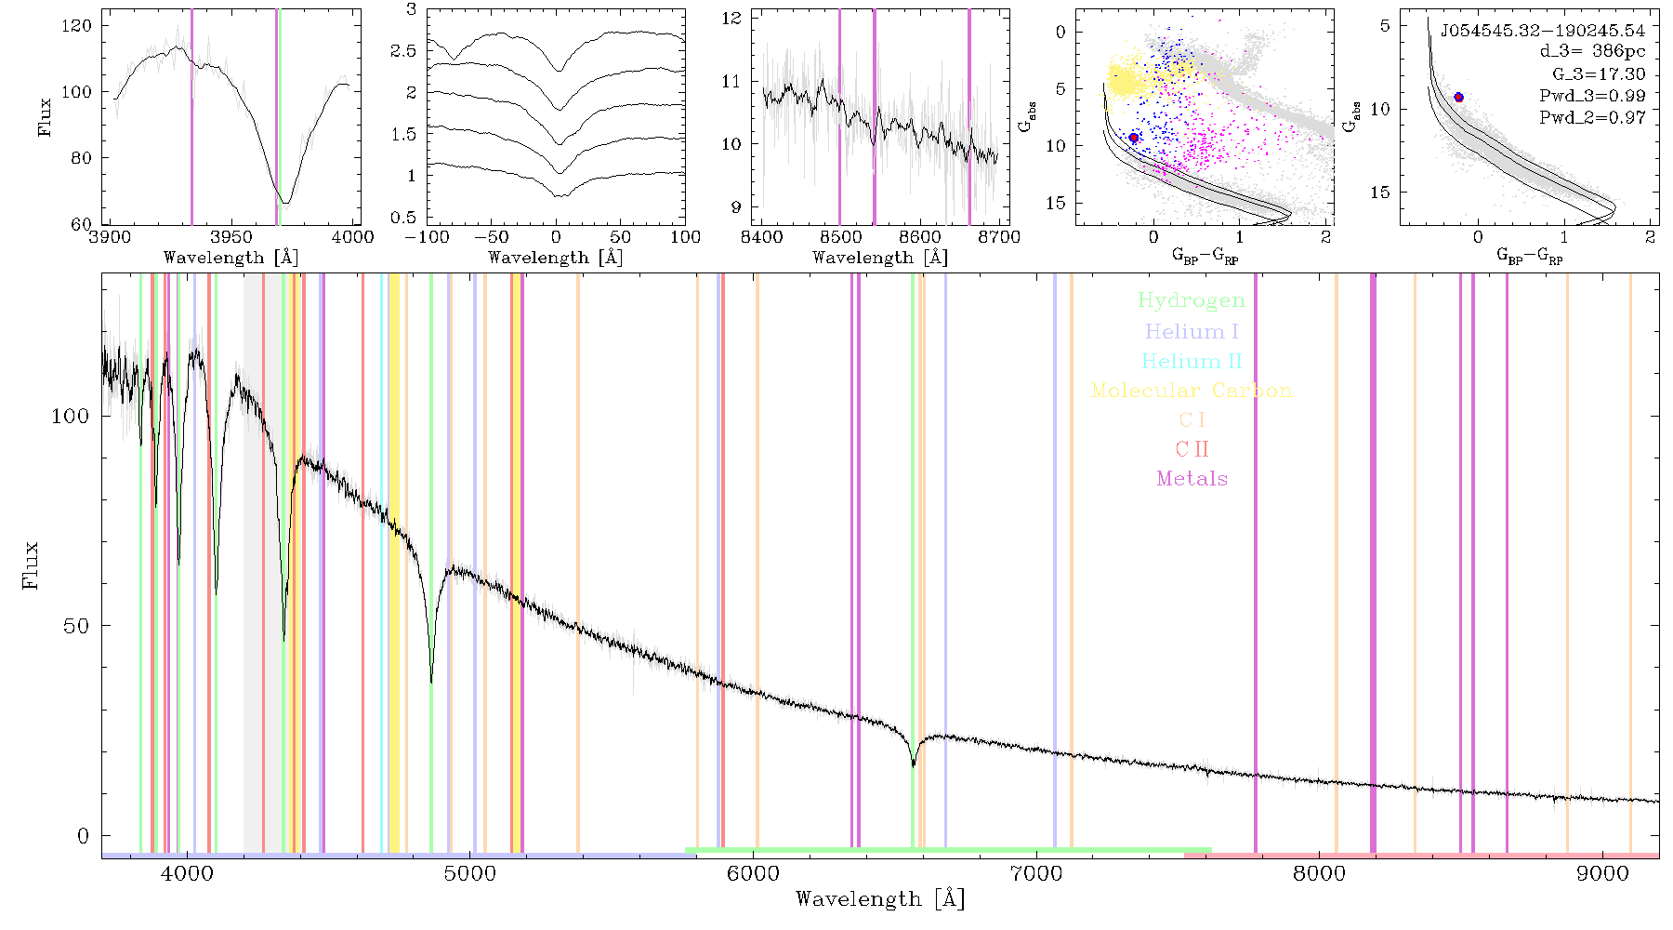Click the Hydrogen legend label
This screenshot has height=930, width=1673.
coord(1192,301)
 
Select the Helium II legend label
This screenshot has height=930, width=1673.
coord(1192,361)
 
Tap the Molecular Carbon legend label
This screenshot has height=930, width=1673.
coord(1192,391)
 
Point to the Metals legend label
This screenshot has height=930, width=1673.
coord(1192,479)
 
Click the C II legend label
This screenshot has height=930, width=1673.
coord(1192,449)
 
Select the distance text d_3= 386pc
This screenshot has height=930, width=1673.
coord(1592,52)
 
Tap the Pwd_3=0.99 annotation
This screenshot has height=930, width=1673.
coord(1592,96)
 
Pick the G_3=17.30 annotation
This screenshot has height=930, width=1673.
coord(1599,74)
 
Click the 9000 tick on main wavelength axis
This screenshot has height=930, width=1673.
coord(1602,873)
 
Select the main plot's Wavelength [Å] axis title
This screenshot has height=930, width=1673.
coord(880,899)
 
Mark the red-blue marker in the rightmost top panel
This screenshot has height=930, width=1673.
coord(1458,98)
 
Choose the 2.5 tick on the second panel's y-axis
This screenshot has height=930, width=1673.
coord(403,51)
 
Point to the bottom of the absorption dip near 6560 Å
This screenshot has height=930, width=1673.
coord(914,765)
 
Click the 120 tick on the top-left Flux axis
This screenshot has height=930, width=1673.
coord(77,25)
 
